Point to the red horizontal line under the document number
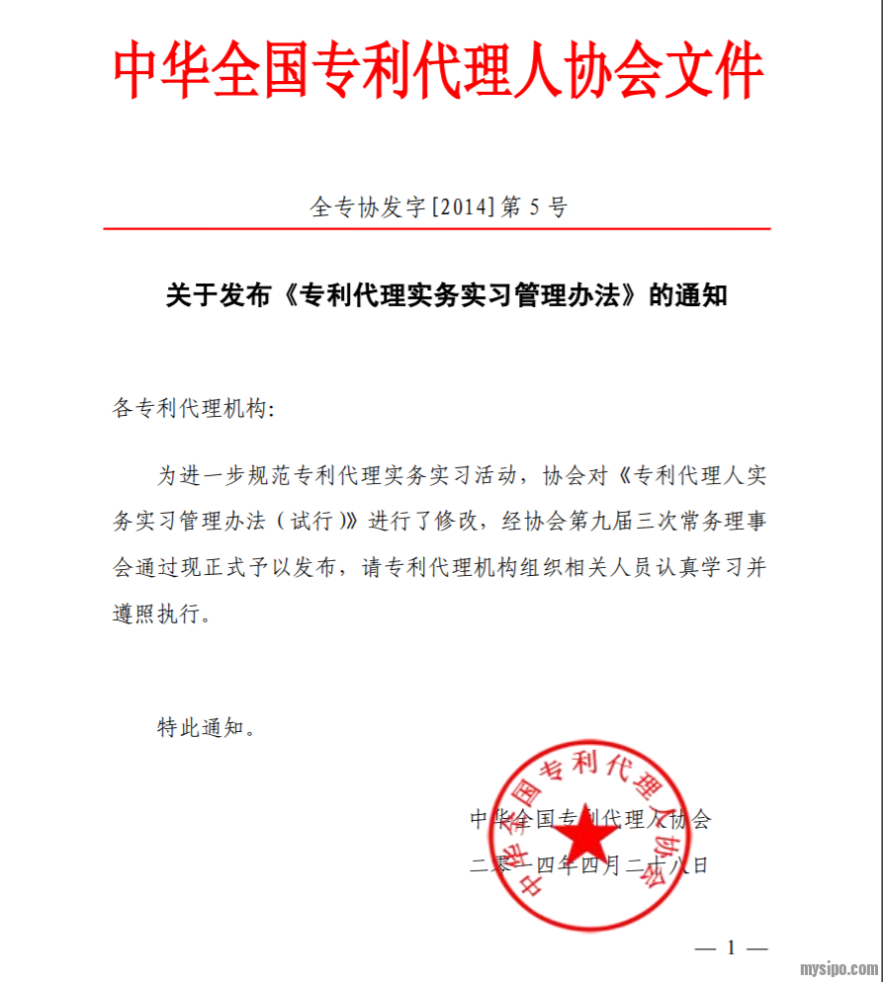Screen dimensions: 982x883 [x=436, y=229]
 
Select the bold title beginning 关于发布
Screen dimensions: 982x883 [x=446, y=294]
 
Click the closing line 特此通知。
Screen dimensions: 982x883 [x=207, y=728]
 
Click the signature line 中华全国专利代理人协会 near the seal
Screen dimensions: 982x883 [x=589, y=819]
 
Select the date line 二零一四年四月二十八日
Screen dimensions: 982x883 [x=589, y=866]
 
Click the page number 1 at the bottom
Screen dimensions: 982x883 [x=731, y=948]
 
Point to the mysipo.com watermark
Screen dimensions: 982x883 [x=839, y=968]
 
